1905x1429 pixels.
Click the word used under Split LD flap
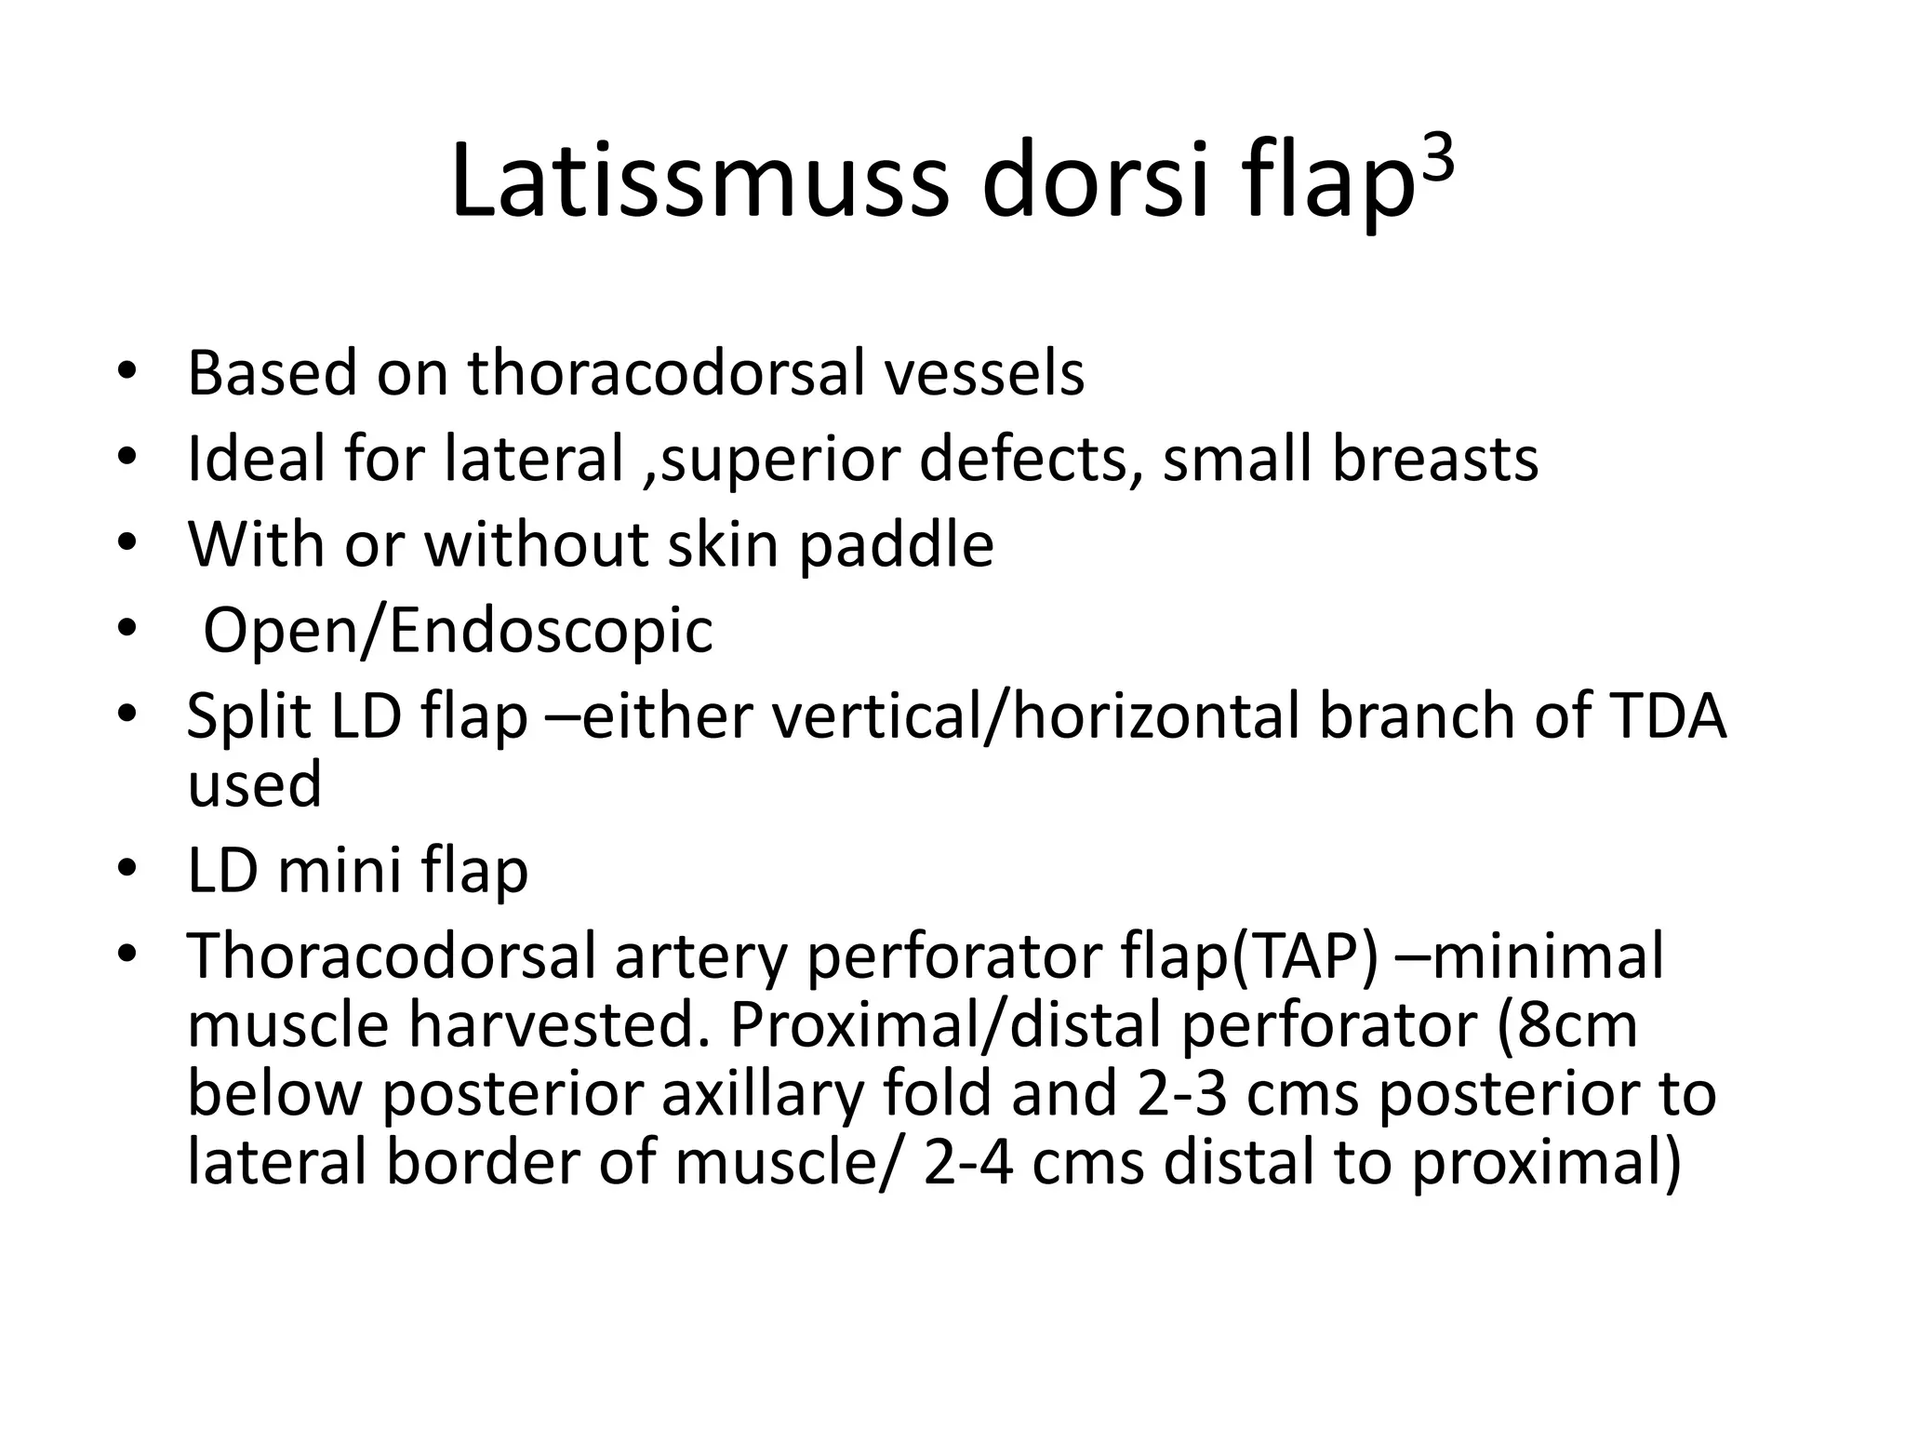(x=254, y=784)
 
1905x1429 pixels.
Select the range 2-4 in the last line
(x=967, y=1163)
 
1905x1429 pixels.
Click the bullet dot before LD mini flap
(x=127, y=871)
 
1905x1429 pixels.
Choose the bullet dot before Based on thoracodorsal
(x=127, y=373)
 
